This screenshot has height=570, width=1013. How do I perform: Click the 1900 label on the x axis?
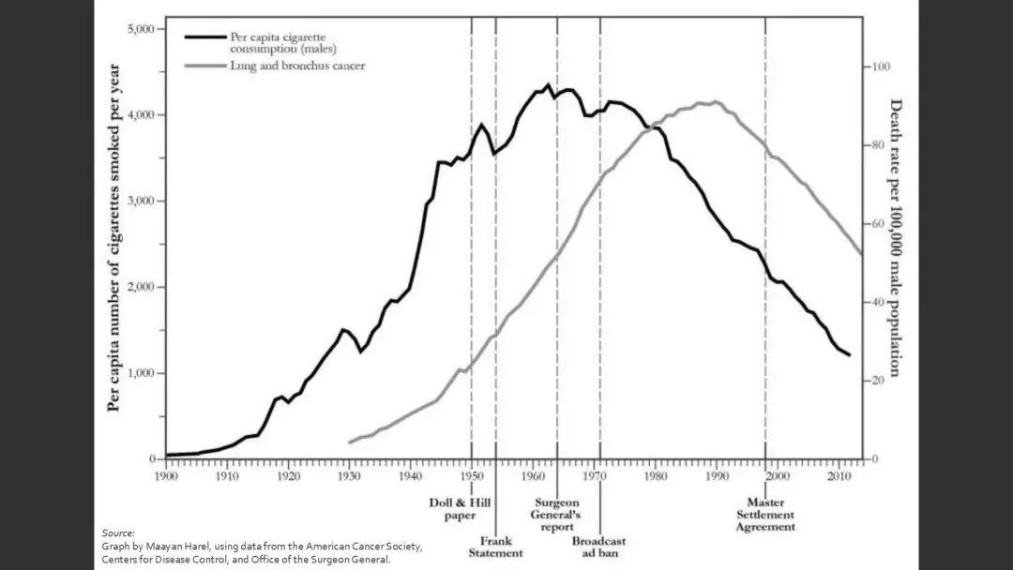pyautogui.click(x=165, y=476)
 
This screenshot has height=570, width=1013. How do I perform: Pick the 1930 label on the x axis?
pyautogui.click(x=349, y=476)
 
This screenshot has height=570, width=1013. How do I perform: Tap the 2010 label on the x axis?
pyautogui.click(x=839, y=476)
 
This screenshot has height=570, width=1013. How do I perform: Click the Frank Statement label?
pyautogui.click(x=495, y=547)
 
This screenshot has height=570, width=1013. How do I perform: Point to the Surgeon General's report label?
pyautogui.click(x=557, y=514)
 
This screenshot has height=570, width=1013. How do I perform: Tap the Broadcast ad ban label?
pyautogui.click(x=598, y=547)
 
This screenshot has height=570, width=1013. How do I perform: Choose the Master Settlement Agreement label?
pyautogui.click(x=765, y=515)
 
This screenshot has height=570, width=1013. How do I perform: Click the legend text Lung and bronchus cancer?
pyautogui.click(x=297, y=66)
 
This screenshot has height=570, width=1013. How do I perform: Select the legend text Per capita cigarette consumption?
pyautogui.click(x=282, y=42)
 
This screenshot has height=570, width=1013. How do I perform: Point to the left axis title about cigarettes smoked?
pyautogui.click(x=114, y=237)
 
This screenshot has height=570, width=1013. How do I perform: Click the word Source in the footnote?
pyautogui.click(x=118, y=532)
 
